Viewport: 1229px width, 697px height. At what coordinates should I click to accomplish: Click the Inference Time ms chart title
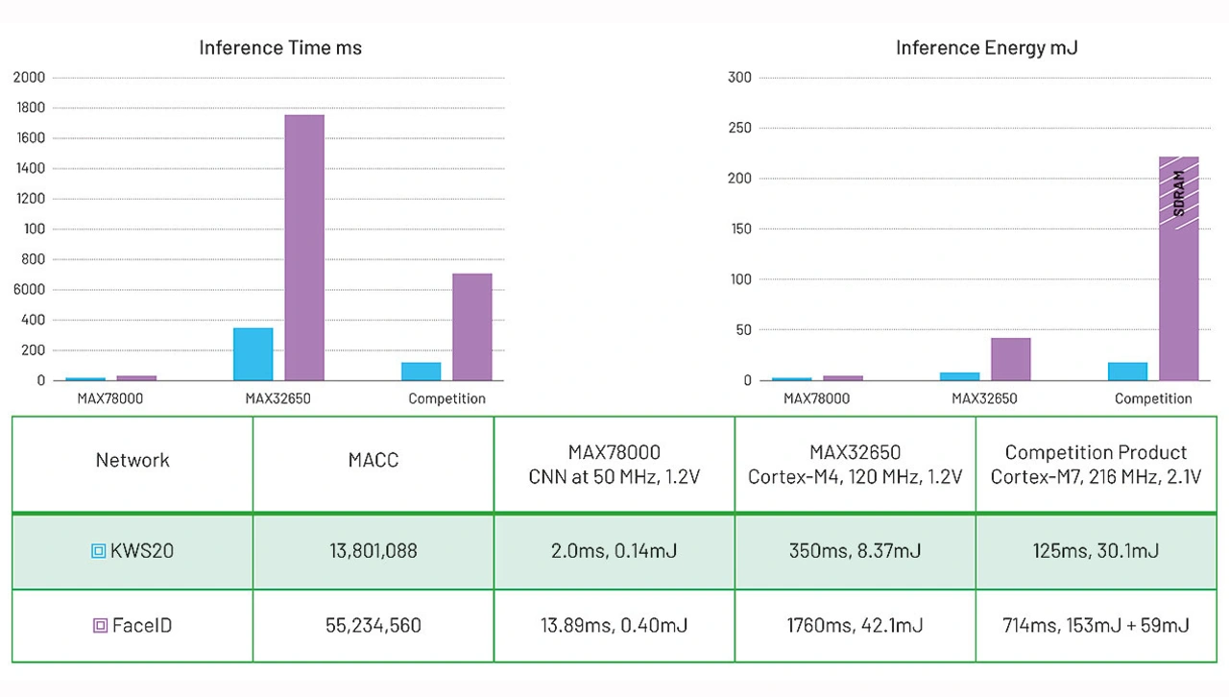point(280,48)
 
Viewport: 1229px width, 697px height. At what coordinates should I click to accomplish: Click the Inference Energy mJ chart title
point(986,48)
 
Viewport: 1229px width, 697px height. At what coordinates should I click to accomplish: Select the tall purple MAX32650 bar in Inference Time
point(304,248)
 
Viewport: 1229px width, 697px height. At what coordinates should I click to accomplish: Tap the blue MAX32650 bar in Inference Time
point(253,354)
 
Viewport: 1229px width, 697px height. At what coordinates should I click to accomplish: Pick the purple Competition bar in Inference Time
point(471,326)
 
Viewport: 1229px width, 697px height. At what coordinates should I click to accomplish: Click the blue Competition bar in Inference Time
point(422,371)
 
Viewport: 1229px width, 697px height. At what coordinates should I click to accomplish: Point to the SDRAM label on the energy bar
point(1179,193)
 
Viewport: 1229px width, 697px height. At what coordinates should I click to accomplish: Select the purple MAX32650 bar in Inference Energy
point(1010,359)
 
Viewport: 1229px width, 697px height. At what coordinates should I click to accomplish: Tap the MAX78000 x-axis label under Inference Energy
point(816,398)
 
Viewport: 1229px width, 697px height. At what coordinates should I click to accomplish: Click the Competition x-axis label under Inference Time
point(446,398)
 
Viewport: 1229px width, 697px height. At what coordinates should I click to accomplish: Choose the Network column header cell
point(133,461)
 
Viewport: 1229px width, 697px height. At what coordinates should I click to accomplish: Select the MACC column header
point(374,461)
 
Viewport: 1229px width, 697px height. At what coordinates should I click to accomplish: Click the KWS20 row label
point(142,551)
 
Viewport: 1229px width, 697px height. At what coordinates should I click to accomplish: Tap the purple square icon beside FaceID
point(100,626)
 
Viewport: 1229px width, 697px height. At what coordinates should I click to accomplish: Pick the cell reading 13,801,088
point(374,551)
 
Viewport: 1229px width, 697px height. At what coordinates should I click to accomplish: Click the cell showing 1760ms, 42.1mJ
point(855,626)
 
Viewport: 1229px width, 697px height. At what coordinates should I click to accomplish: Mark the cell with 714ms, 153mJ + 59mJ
point(1096,626)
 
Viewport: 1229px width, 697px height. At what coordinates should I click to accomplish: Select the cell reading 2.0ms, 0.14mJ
point(614,551)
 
